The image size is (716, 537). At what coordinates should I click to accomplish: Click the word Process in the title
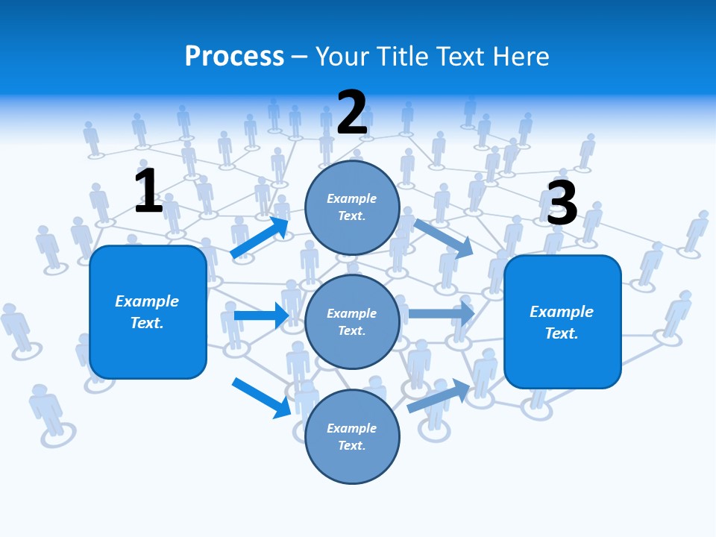tap(234, 57)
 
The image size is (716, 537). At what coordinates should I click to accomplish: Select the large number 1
tap(148, 191)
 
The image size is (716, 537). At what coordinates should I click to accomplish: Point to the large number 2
tap(352, 113)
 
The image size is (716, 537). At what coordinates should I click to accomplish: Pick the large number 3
tap(562, 203)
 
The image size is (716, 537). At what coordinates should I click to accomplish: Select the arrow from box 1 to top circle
tap(260, 238)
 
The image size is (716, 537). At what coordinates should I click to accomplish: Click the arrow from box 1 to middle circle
tap(261, 315)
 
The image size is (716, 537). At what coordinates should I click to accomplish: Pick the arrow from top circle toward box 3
tap(444, 239)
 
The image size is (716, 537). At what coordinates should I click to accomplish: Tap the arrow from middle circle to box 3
tap(441, 313)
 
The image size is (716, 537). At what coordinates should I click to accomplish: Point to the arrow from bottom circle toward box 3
tap(439, 395)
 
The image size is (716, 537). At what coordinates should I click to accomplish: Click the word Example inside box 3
tap(562, 312)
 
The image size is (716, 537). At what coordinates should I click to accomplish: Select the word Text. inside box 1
tap(147, 323)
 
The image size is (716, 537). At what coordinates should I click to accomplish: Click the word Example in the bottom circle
tap(352, 428)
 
